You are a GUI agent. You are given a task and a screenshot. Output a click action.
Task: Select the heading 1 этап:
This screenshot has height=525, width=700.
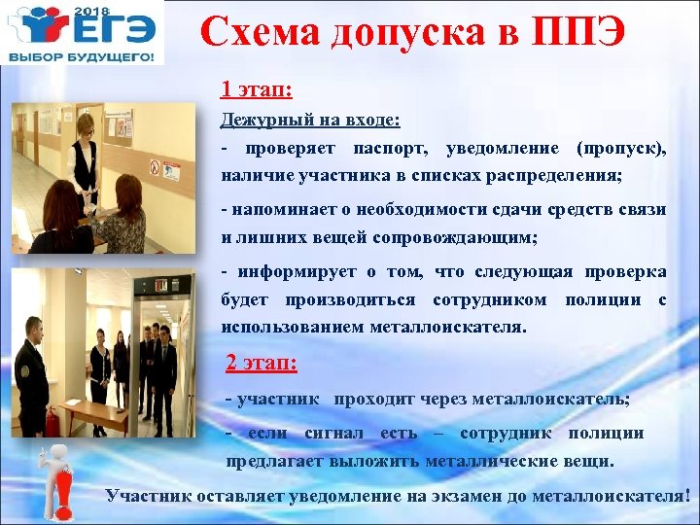[258, 90]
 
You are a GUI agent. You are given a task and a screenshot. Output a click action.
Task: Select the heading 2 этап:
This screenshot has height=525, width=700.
[262, 364]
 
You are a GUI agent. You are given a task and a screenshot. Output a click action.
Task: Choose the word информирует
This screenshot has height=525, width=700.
[282, 270]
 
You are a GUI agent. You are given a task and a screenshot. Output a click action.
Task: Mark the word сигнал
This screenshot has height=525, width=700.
[333, 432]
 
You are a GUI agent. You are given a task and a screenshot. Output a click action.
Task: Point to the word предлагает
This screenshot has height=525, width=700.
[275, 460]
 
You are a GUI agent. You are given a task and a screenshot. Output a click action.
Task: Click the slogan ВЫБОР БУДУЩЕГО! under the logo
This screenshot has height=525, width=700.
[82, 58]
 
